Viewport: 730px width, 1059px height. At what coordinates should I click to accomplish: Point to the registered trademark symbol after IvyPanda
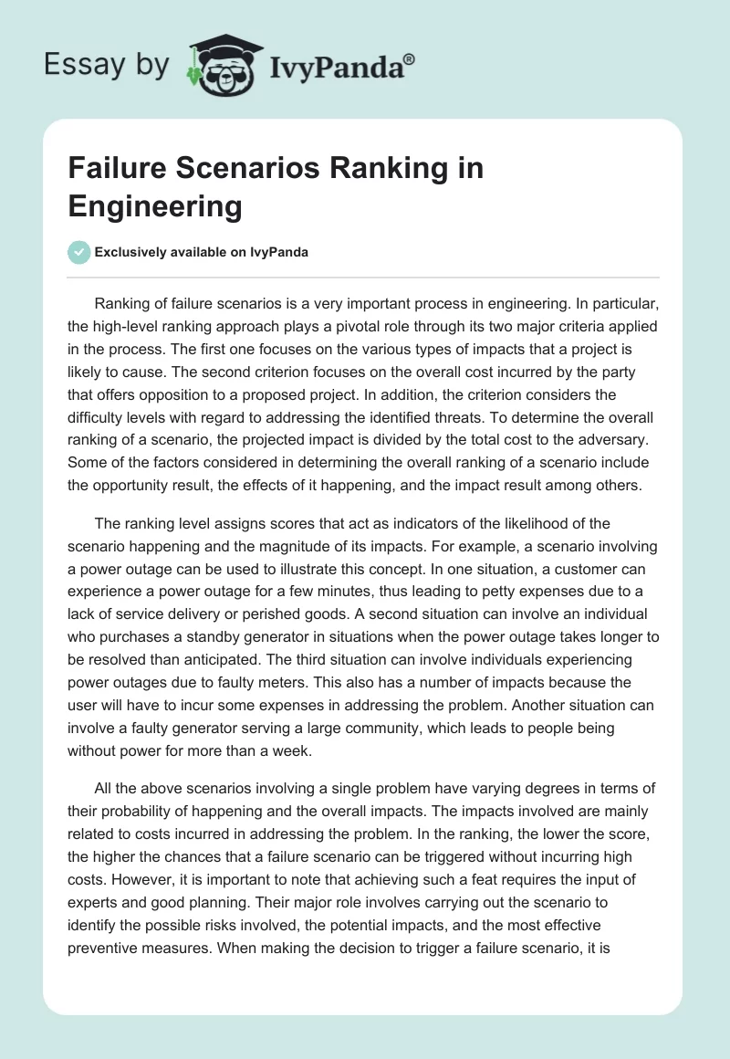(x=410, y=58)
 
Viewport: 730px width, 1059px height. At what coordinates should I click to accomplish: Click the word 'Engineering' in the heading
(x=155, y=207)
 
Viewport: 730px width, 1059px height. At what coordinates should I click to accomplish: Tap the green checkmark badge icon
(x=78, y=252)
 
